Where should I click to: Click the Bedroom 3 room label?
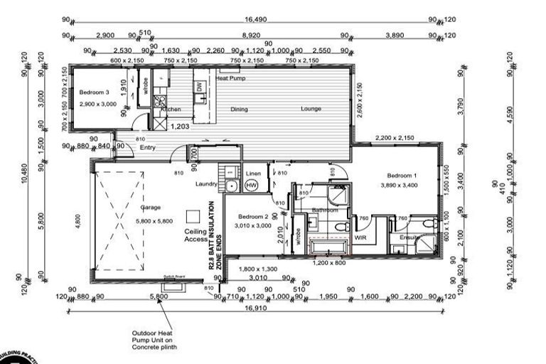(94, 93)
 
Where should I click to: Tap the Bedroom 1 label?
(401, 175)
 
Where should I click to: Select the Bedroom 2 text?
(252, 217)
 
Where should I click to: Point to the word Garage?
(150, 208)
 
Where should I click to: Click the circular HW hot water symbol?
(251, 186)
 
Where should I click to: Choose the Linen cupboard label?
(252, 173)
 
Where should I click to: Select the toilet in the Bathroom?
(340, 225)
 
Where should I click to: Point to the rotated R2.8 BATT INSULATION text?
(212, 234)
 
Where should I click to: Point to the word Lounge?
(311, 109)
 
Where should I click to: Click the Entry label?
(147, 147)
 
